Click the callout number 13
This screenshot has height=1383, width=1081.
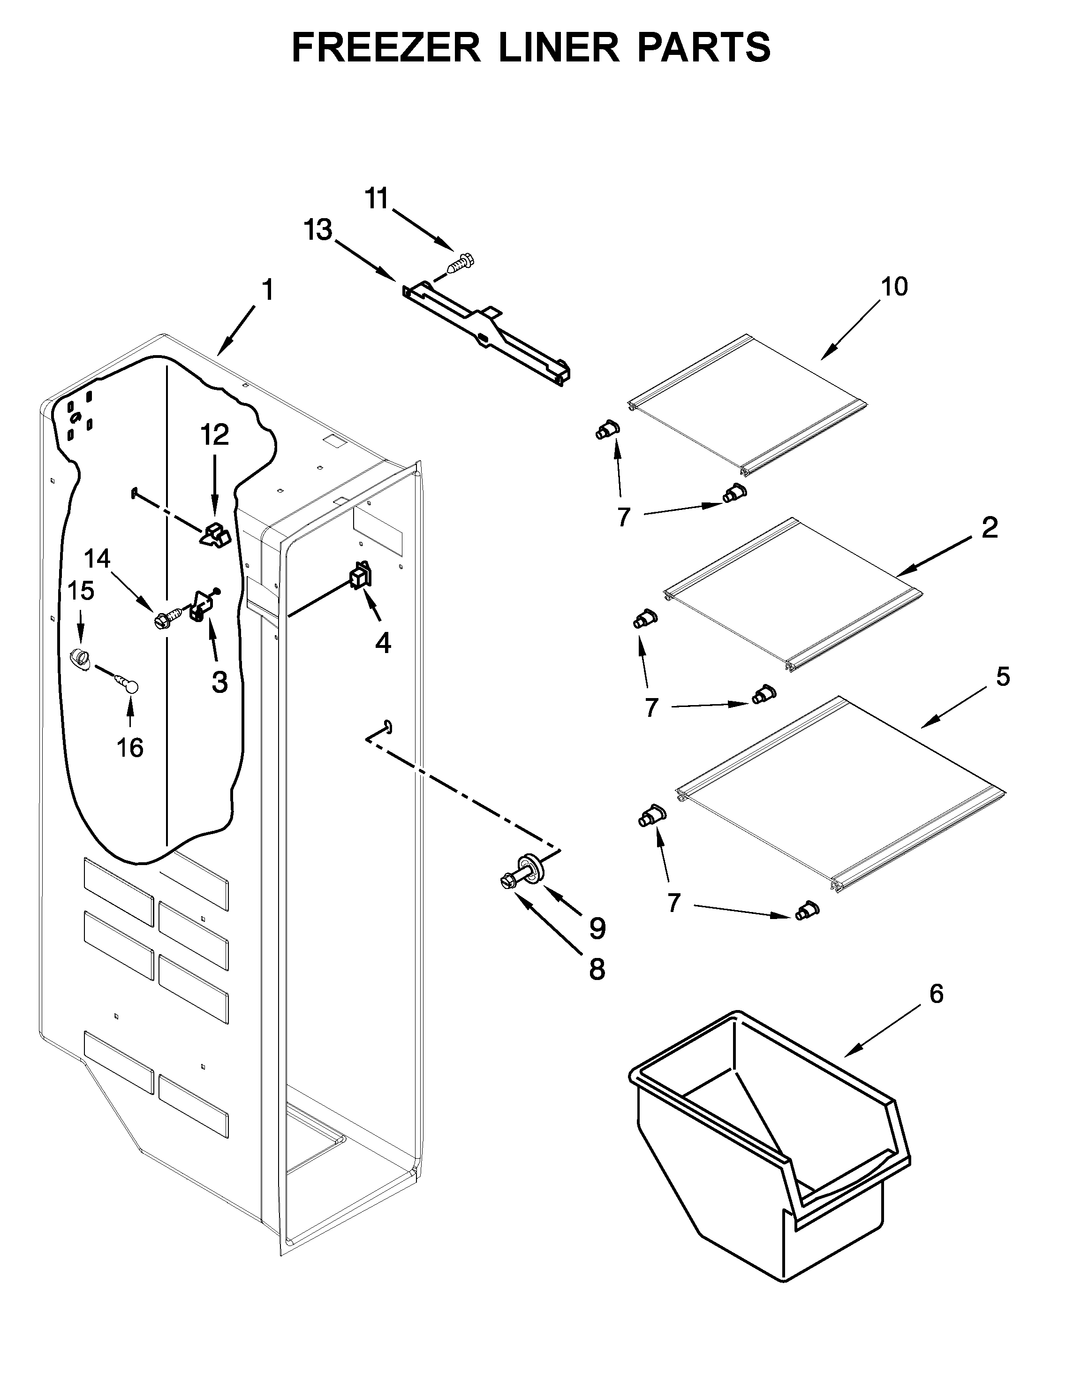(318, 230)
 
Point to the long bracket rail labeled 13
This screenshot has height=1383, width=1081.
(487, 333)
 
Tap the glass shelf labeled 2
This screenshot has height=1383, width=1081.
(791, 595)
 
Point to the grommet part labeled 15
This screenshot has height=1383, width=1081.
(79, 657)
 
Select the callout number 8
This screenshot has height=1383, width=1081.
(597, 970)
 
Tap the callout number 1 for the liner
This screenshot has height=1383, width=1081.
(268, 290)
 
